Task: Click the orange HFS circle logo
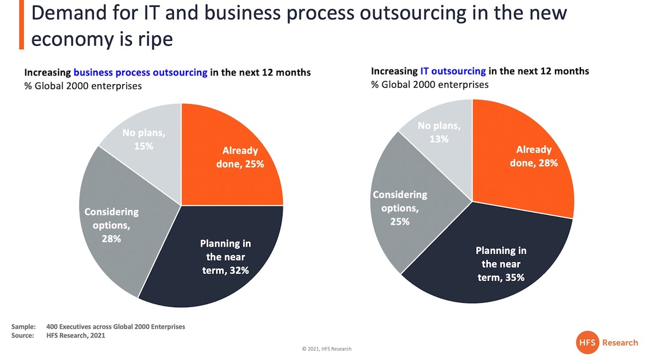point(587,342)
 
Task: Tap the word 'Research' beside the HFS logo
point(620,342)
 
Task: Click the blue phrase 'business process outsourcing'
point(140,73)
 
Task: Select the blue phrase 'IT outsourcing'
point(453,72)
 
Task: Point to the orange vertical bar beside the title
point(22,24)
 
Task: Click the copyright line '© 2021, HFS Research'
point(327,349)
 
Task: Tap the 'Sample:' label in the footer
point(23,326)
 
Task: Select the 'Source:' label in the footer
point(23,336)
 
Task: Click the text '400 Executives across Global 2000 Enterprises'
point(115,326)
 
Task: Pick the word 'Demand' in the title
point(69,13)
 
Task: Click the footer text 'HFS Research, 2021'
point(76,336)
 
